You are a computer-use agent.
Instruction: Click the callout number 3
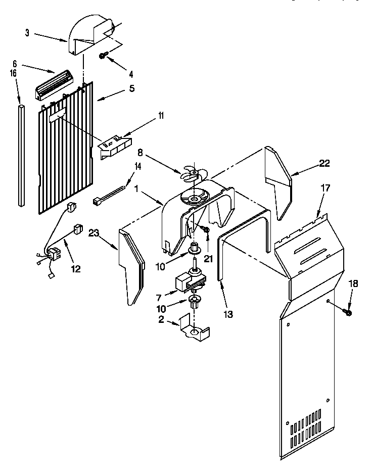pos(27,33)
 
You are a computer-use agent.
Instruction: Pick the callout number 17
pos(325,187)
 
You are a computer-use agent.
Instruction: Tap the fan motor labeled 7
pos(187,283)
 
